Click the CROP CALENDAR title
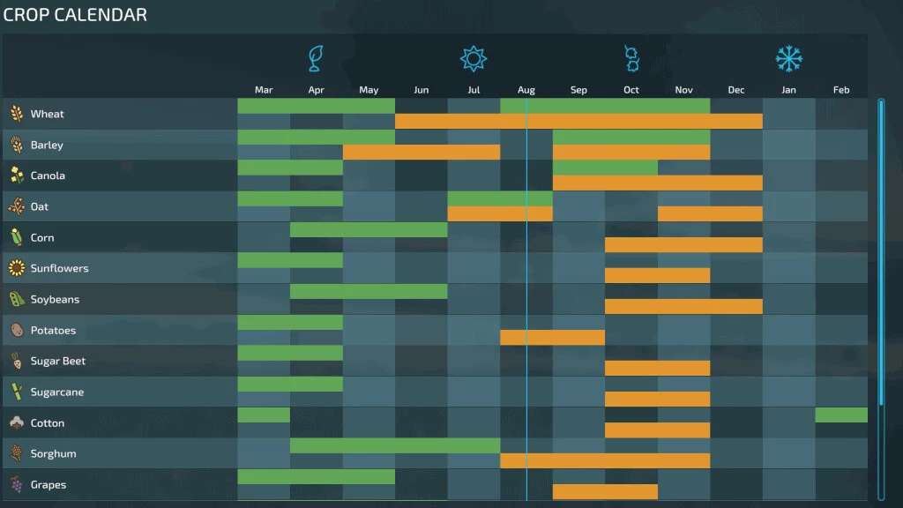point(75,15)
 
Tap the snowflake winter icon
point(788,58)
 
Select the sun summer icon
point(474,58)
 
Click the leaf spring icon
point(316,58)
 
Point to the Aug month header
point(526,90)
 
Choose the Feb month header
point(841,90)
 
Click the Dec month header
point(736,90)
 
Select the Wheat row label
point(47,114)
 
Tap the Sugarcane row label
point(57,392)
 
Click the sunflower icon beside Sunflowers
point(16,268)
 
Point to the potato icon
point(16,330)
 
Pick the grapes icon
point(16,484)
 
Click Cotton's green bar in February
point(841,415)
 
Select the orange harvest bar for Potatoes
point(552,338)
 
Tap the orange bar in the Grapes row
point(605,492)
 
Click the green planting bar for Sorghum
point(394,446)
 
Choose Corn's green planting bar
point(369,230)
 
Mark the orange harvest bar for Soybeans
point(683,307)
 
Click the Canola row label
point(48,176)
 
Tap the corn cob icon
point(16,237)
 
